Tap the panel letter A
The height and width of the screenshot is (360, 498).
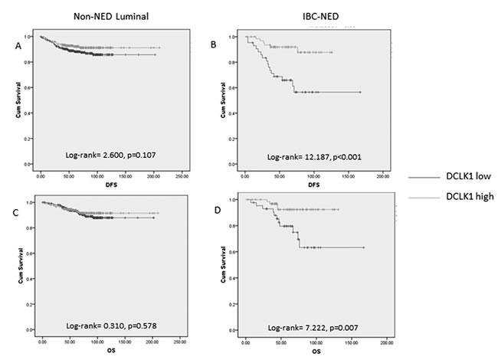click(16, 46)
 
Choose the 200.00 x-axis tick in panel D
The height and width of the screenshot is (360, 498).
click(387, 342)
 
